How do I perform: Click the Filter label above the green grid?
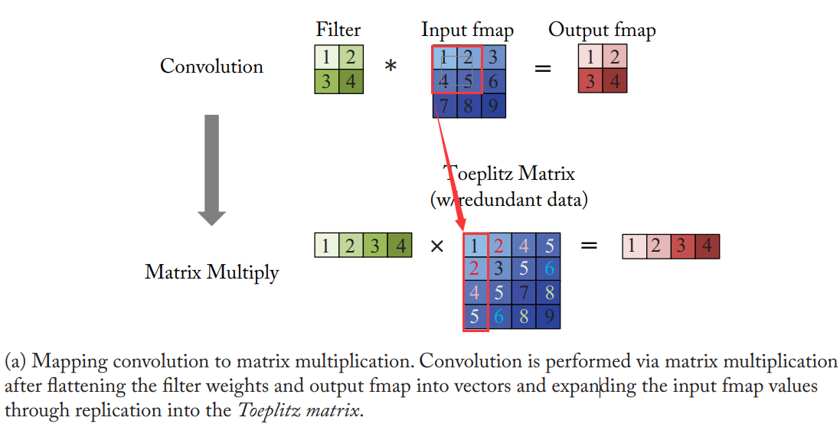tap(338, 30)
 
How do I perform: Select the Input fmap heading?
tap(467, 30)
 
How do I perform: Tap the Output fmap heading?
tap(602, 30)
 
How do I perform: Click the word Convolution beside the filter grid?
tap(211, 67)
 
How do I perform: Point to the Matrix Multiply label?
tap(211, 272)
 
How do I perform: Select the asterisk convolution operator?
tap(391, 67)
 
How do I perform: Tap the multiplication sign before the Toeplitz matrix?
tap(437, 246)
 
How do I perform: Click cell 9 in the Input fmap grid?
tap(494, 105)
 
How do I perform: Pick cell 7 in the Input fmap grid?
tap(445, 105)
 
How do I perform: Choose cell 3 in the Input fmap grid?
tap(494, 57)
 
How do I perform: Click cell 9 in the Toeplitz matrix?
tap(547, 316)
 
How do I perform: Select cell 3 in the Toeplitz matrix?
tap(498, 269)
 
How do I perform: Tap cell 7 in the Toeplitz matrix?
tap(523, 292)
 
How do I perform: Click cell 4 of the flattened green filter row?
tap(399, 246)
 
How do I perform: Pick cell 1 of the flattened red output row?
tap(632, 246)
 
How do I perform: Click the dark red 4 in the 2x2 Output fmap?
tap(614, 81)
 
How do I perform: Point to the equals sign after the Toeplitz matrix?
tap(588, 246)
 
